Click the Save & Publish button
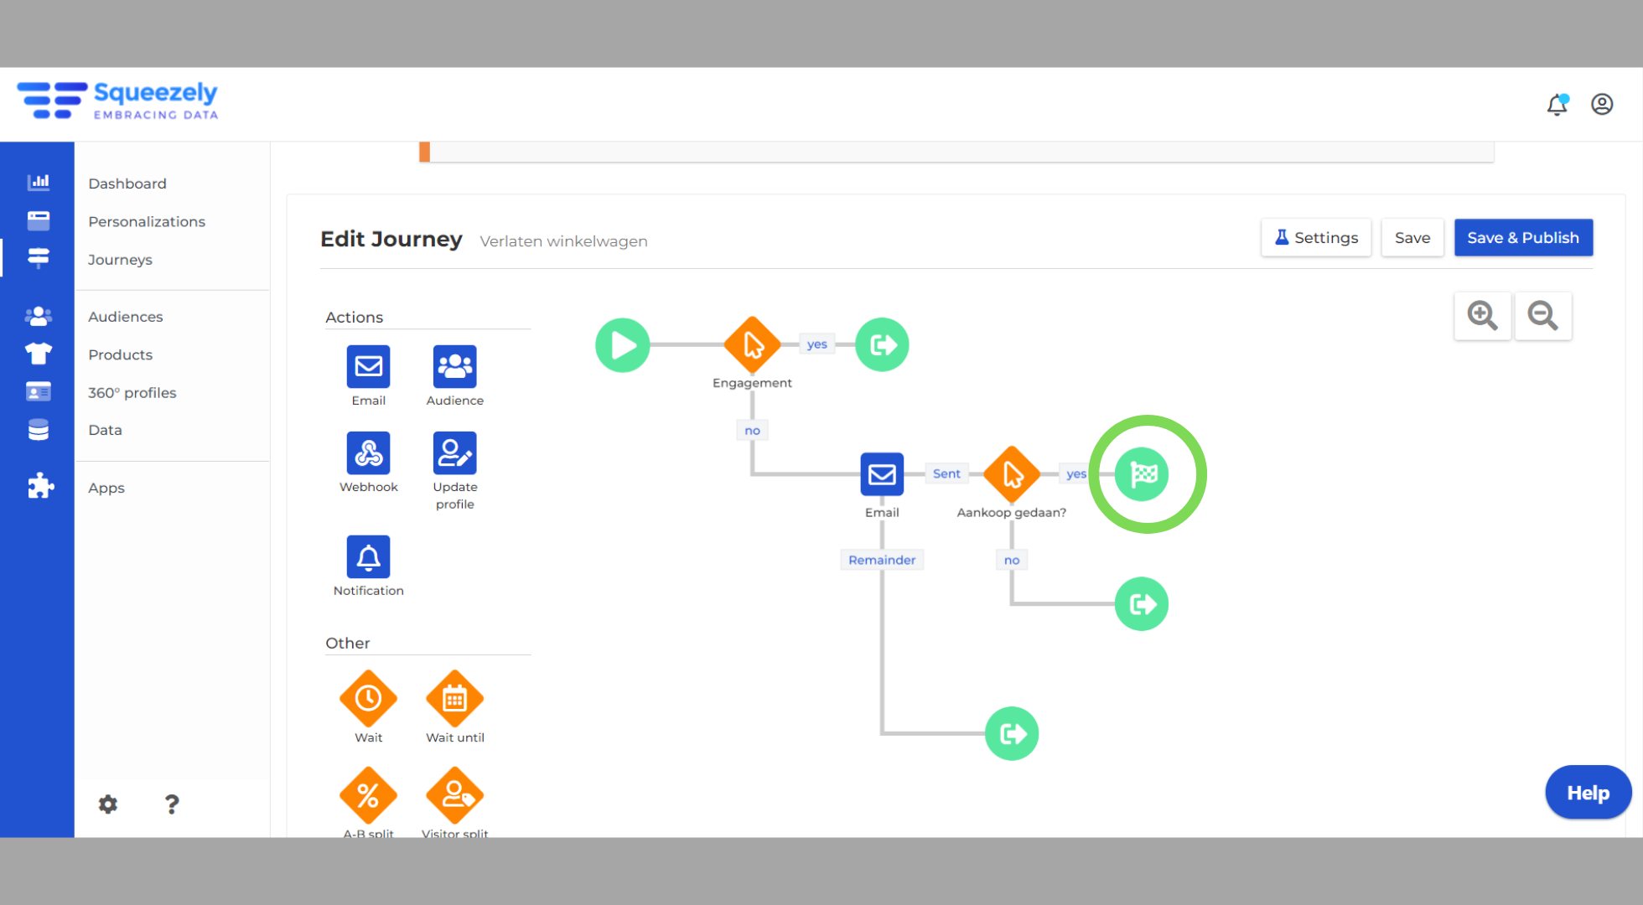1523,238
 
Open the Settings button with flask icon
1316,238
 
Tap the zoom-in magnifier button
1482,316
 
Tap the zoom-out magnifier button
1542,316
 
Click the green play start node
623,345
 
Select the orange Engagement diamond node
752,344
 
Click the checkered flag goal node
1142,474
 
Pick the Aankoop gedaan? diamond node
1012,474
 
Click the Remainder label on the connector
882,560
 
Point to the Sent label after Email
946,473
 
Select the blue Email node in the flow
882,474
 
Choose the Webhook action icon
369,453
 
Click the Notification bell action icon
369,557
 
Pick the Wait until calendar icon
455,699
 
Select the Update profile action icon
455,453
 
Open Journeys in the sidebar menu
120,260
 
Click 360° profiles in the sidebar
132,393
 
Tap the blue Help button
1589,793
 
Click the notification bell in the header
1557,104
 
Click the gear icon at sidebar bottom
108,804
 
